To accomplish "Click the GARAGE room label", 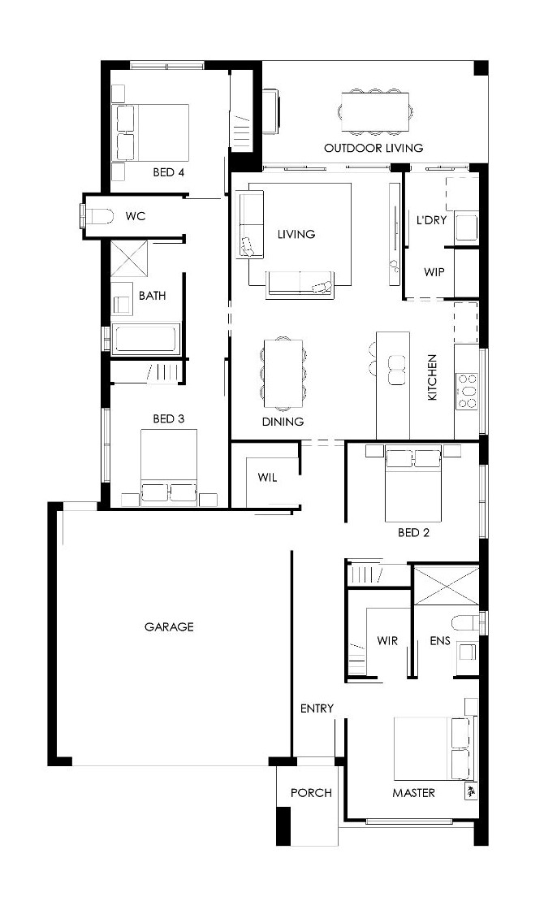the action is pos(169,626).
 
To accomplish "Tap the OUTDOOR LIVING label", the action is pos(373,148).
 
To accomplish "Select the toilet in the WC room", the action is pos(97,216).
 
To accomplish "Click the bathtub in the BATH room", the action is pos(146,338).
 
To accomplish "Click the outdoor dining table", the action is pos(374,110).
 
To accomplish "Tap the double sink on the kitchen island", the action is pos(397,370).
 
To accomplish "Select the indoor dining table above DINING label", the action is pos(283,374).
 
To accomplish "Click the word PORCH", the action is pos(312,793).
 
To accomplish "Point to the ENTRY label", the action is pos(317,708).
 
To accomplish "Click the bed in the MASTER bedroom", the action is pos(432,749).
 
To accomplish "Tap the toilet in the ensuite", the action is pos(468,622).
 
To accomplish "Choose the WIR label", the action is pos(387,641).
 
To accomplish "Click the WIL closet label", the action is pos(267,478).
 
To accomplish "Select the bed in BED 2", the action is pos(413,483).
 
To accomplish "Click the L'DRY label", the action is pos(431,220).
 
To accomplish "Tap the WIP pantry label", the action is pos(434,271).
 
